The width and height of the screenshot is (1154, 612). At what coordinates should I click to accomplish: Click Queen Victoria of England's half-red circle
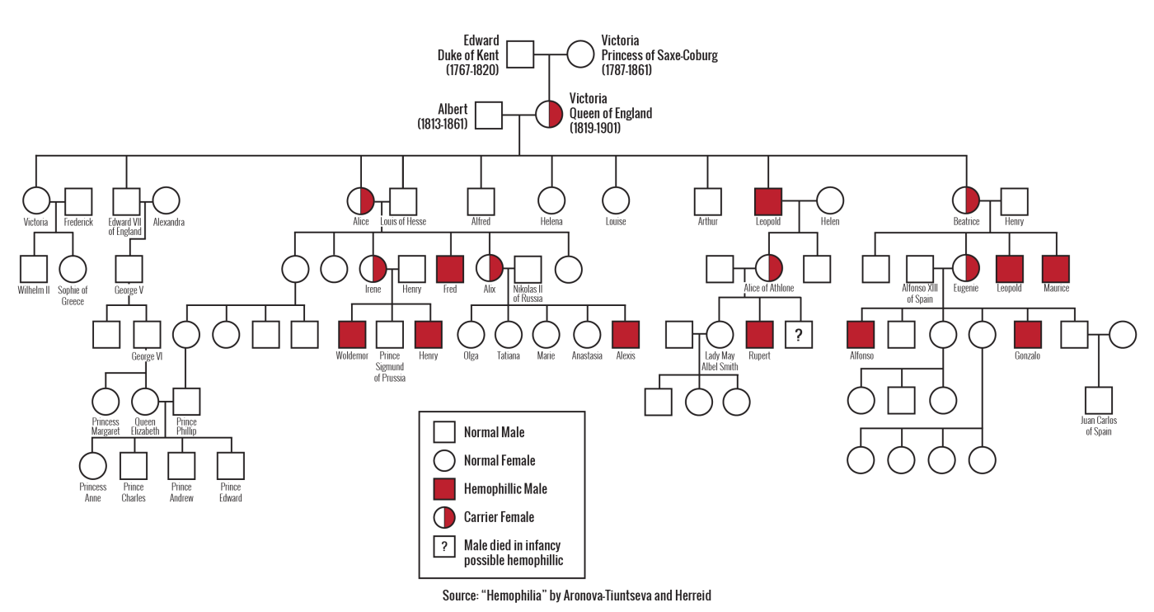(549, 114)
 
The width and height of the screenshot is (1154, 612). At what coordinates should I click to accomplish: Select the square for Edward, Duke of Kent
(520, 54)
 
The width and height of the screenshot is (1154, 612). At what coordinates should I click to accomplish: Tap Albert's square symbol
(488, 115)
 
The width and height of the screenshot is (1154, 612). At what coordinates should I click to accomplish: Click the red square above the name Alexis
(626, 335)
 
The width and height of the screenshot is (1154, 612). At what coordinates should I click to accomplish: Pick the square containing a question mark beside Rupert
(799, 335)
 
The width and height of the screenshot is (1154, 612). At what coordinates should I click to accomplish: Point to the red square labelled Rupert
(760, 335)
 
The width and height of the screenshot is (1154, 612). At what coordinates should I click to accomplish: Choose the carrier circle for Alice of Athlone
(768, 269)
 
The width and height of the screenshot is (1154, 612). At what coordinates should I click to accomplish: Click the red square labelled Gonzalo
(1027, 335)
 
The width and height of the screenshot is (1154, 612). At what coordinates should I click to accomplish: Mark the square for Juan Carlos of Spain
(1098, 401)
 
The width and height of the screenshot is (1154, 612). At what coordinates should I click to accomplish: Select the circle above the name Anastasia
(587, 335)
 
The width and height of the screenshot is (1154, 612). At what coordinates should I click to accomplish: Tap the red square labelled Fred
(450, 269)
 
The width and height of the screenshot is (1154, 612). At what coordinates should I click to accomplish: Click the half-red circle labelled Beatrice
(966, 200)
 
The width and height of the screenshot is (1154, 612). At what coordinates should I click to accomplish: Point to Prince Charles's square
(134, 466)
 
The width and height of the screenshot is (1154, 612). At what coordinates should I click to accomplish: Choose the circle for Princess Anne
(92, 466)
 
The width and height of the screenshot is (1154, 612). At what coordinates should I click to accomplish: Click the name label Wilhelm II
(34, 290)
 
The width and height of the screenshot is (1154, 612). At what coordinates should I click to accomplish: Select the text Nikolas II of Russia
(528, 294)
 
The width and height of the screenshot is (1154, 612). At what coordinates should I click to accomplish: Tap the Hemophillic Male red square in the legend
(444, 489)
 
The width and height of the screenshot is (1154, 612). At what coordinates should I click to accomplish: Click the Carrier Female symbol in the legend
(444, 517)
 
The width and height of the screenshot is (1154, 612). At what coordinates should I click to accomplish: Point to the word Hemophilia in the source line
(514, 596)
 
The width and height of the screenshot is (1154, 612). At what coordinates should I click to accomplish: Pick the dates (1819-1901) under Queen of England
(595, 128)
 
